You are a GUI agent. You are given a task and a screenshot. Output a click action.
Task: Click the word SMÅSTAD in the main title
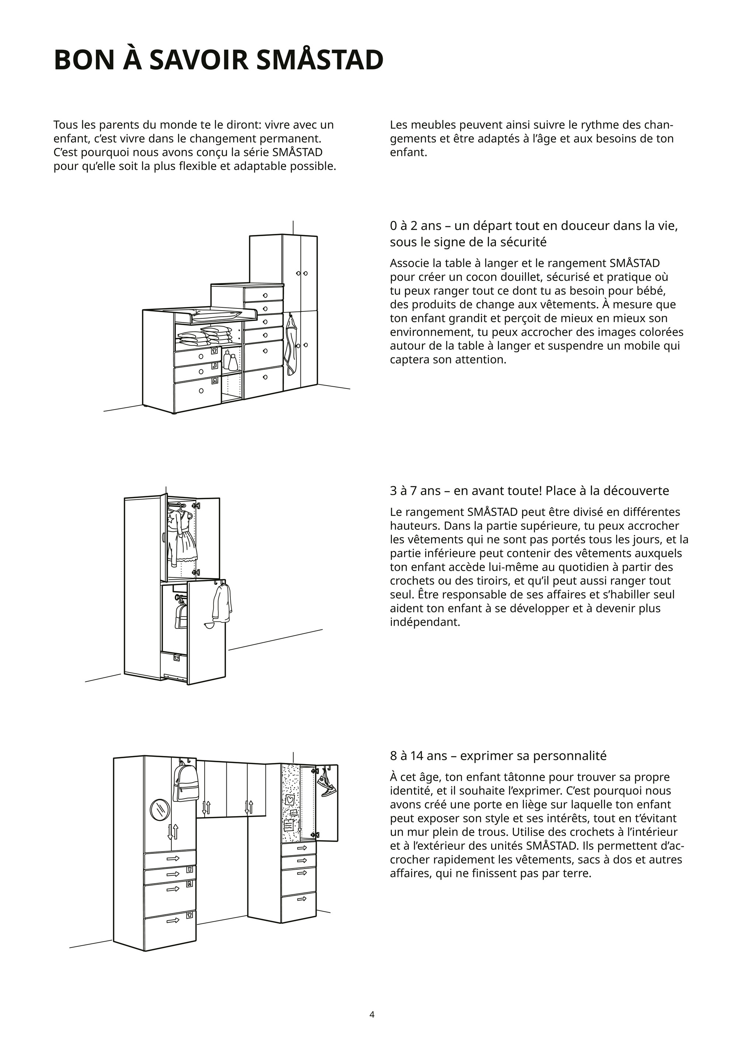click(320, 60)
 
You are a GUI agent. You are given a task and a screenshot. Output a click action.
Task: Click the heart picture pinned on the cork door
click(290, 800)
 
